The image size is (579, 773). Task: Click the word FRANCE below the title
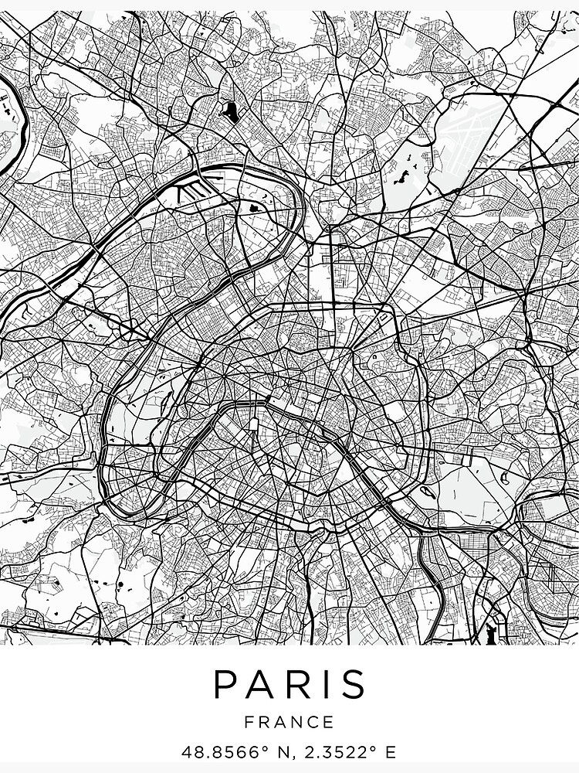click(289, 723)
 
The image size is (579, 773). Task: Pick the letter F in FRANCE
click(249, 723)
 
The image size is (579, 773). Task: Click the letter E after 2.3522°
click(391, 751)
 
